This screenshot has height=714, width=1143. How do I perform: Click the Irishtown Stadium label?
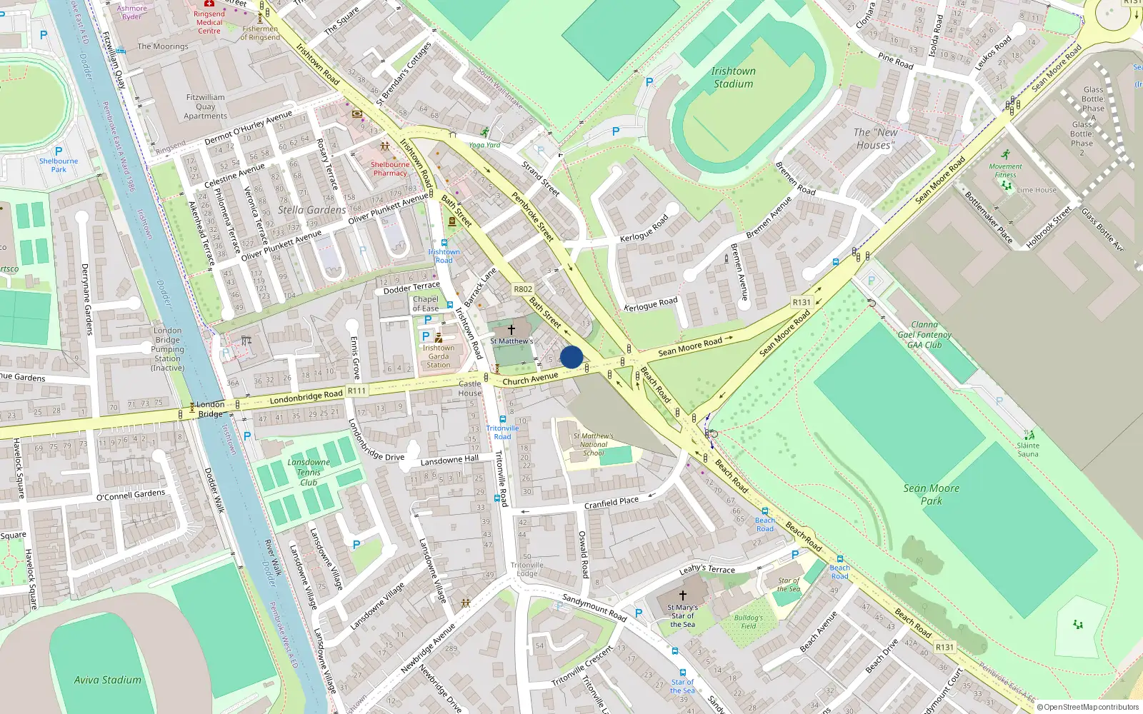tap(733, 77)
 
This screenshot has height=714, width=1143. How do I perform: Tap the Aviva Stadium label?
tap(108, 680)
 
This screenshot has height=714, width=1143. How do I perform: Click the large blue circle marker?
tap(571, 357)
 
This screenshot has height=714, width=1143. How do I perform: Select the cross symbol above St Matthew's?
tap(511, 329)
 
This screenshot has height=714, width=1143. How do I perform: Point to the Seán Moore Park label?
tap(932, 494)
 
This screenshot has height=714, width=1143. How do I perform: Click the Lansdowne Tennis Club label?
tap(309, 472)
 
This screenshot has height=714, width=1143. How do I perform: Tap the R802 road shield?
tap(523, 289)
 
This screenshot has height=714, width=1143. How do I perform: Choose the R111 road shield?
tap(356, 391)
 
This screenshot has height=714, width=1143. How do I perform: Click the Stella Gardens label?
tap(311, 210)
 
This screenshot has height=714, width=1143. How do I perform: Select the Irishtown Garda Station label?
tap(439, 356)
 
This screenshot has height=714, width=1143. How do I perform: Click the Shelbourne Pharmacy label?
tap(390, 169)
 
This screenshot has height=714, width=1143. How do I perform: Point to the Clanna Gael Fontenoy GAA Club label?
tap(924, 334)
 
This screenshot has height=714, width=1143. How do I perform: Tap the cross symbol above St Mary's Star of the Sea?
tap(682, 595)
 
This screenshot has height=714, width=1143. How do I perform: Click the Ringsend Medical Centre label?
tap(209, 22)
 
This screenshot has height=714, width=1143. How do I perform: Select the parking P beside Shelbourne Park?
tap(59, 151)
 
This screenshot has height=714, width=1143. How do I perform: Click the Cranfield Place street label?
tap(612, 503)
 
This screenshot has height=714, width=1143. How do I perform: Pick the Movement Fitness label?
tap(1005, 170)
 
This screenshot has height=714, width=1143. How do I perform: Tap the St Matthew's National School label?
tap(593, 444)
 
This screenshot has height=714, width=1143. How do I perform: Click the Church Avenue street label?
tap(530, 378)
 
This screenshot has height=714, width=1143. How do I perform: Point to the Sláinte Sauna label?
tap(1028, 449)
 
